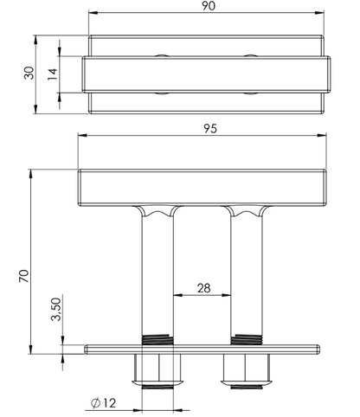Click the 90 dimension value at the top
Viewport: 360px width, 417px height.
(209, 5)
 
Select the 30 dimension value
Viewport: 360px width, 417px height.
(29, 73)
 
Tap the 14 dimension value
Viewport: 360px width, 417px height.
(53, 74)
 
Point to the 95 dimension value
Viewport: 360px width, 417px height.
(210, 129)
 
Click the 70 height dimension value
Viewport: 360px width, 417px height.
(24, 276)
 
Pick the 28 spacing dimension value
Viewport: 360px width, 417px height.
(204, 288)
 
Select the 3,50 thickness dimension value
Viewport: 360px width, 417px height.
(56, 310)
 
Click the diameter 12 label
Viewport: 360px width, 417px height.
(103, 403)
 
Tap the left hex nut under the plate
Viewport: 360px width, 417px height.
(158, 369)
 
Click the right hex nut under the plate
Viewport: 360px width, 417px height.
(246, 369)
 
